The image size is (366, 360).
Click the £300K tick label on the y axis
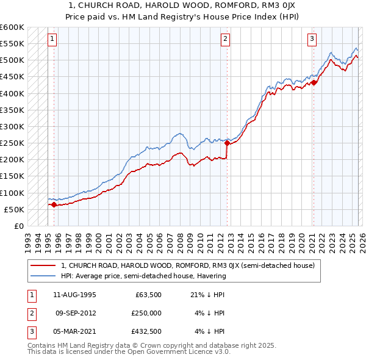(12, 127)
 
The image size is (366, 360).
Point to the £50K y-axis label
(14, 209)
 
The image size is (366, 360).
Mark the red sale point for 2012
(227, 143)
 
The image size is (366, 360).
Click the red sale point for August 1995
(54, 205)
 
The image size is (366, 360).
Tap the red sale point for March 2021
(313, 83)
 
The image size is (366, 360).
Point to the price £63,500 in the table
(148, 294)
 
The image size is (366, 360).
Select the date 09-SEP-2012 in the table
(76, 312)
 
